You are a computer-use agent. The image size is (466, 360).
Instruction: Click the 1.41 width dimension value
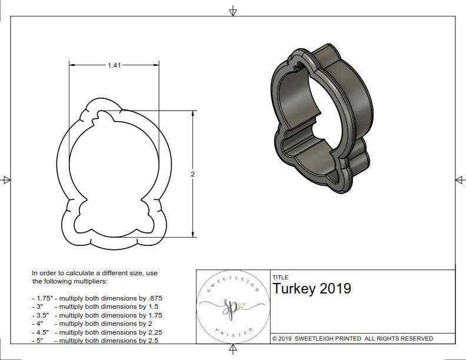coord(114,66)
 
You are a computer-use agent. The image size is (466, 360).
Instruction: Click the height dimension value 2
coord(192,174)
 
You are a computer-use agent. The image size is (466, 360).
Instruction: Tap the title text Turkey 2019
coord(311,289)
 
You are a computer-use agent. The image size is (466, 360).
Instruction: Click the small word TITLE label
coord(280,277)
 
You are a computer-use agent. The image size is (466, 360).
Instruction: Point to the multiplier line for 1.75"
coord(96,299)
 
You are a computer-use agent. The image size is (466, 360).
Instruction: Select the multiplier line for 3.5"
coord(96,315)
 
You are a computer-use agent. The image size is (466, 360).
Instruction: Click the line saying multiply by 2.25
coord(96,331)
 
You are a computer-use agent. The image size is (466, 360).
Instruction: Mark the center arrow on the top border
coord(234,11)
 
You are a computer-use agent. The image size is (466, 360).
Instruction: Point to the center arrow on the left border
coord(6,180)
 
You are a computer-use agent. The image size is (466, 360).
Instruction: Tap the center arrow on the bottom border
coord(234,350)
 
